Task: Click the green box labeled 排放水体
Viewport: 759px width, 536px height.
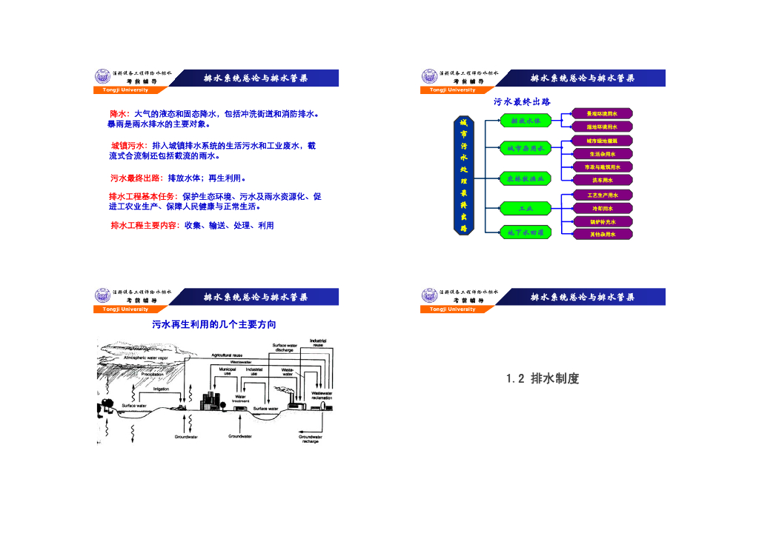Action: point(526,121)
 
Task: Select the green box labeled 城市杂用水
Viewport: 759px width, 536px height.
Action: point(526,149)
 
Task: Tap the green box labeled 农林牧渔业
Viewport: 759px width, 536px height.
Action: point(526,178)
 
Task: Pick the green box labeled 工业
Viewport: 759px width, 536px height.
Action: point(526,208)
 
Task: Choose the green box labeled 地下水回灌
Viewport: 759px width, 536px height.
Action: point(526,232)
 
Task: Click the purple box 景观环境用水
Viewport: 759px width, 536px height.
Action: point(602,113)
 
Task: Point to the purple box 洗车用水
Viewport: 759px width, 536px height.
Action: point(602,180)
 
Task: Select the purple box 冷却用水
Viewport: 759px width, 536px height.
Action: point(602,209)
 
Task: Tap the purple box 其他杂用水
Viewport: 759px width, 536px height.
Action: point(602,234)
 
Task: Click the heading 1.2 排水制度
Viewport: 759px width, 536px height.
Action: point(543,378)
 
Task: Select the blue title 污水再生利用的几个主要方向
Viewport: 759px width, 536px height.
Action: point(214,324)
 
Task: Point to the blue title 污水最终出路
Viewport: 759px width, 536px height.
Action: point(522,101)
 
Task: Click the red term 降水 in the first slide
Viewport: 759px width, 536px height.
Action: point(119,114)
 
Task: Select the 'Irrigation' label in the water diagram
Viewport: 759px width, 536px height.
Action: point(161,389)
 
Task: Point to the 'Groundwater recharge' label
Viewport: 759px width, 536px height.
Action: point(310,438)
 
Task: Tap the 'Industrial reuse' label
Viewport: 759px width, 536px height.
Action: point(318,344)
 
